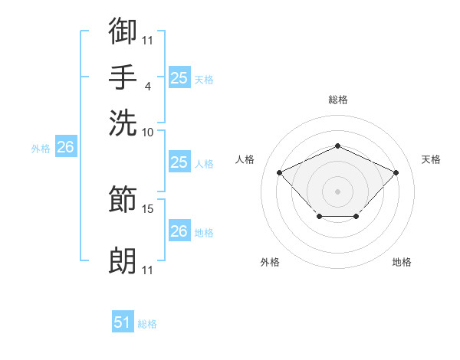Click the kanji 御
[x=123, y=31]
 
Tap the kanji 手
[x=123, y=77]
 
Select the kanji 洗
[x=123, y=123]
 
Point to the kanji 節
[x=123, y=198]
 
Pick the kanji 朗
[x=123, y=260]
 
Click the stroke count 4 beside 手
[x=148, y=87]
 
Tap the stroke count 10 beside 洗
[x=147, y=133]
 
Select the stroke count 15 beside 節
[x=147, y=209]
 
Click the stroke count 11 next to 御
[x=147, y=41]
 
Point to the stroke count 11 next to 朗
[x=147, y=270]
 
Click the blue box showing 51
[x=123, y=321]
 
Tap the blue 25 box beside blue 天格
[x=179, y=77]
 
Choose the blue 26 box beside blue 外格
[x=66, y=146]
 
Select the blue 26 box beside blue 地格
[x=179, y=230]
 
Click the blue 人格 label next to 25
[x=204, y=164]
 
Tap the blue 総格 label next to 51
[x=147, y=324]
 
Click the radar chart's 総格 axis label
[x=338, y=100]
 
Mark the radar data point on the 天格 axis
[x=396, y=172]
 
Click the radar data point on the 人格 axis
[x=280, y=172]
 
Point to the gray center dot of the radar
[x=337, y=191]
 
